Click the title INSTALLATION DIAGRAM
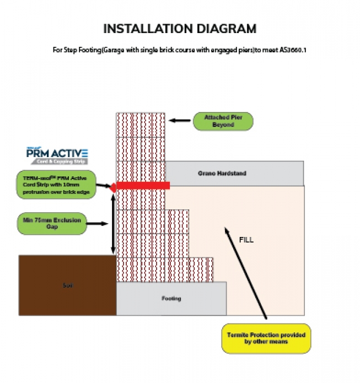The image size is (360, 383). point(180,29)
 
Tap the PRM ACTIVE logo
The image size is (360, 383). point(57,156)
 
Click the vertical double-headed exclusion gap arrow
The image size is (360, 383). point(113,224)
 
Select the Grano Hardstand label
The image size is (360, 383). point(222,174)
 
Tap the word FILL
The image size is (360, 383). point(246,240)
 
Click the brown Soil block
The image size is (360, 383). point(67,285)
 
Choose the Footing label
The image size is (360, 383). point(171,299)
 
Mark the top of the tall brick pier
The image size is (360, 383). point(141,115)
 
